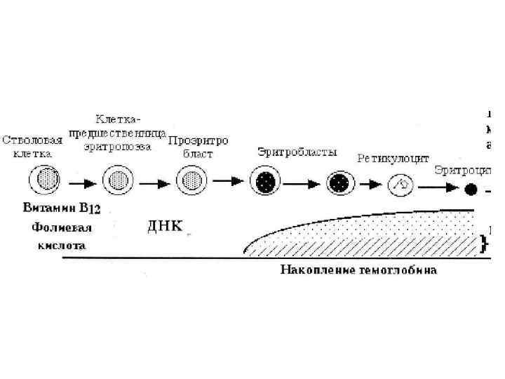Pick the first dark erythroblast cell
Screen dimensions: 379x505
(267, 182)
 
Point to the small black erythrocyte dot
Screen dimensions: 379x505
(471, 189)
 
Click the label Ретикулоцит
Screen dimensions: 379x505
(393, 159)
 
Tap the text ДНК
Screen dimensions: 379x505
(164, 226)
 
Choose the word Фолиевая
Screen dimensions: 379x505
(62, 227)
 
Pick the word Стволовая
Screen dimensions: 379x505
(31, 139)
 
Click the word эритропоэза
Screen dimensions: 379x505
(117, 147)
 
